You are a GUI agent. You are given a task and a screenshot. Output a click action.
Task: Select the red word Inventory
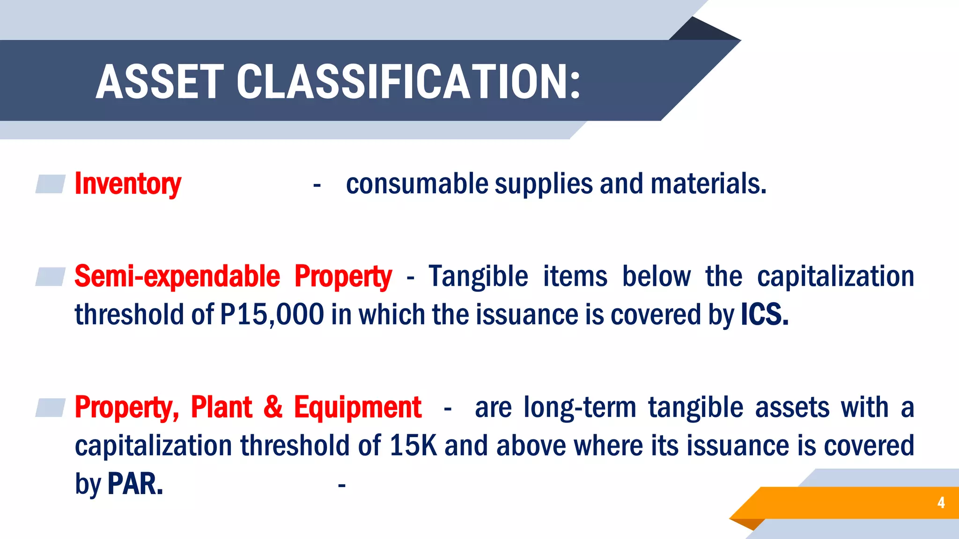(x=128, y=184)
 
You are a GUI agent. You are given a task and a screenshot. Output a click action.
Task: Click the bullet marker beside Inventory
(x=51, y=184)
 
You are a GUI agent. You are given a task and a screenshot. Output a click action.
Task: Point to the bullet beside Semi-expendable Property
(x=51, y=277)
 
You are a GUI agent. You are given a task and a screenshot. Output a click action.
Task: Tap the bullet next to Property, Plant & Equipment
(x=51, y=408)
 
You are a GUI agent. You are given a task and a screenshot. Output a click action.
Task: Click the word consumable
(x=417, y=184)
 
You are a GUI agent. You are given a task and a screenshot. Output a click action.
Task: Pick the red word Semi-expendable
(x=177, y=277)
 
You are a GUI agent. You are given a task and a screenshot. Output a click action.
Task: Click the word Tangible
(x=478, y=277)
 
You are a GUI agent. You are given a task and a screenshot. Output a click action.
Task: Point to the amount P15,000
(x=272, y=314)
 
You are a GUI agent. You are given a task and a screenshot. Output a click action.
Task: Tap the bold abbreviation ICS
(x=765, y=314)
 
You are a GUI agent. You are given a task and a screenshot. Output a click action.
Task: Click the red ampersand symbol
(x=273, y=408)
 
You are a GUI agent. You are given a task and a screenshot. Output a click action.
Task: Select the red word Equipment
(x=358, y=408)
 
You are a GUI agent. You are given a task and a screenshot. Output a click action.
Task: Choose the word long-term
(x=580, y=408)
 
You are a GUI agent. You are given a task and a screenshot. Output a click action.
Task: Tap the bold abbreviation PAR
(x=135, y=484)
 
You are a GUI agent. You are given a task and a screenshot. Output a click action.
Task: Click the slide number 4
(x=941, y=503)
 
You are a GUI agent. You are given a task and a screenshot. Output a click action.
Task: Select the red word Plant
(x=221, y=408)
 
